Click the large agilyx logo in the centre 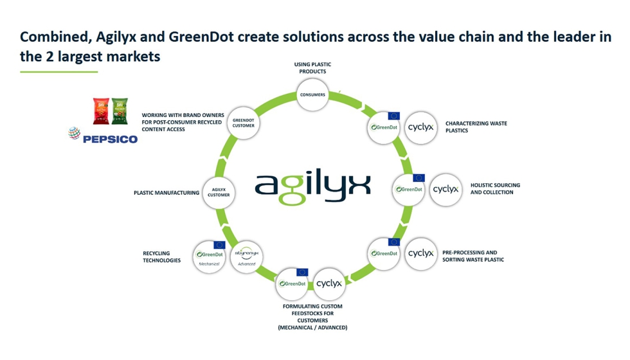[x=312, y=186]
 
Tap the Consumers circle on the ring [x=312, y=95]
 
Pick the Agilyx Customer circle [x=219, y=192]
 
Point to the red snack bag [x=102, y=111]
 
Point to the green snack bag [x=120, y=111]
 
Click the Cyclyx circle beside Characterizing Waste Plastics [x=421, y=127]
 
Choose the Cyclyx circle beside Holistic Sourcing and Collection [x=446, y=190]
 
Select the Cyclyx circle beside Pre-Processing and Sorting [x=420, y=253]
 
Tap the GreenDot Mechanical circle [x=210, y=256]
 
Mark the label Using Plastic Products [x=312, y=67]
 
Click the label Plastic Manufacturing [x=166, y=193]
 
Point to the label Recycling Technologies [x=161, y=256]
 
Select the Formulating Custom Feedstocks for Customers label [x=312, y=316]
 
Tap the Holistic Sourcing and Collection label [x=495, y=188]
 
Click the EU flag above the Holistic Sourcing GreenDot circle [x=419, y=178]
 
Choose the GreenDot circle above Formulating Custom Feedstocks [x=293, y=283]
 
